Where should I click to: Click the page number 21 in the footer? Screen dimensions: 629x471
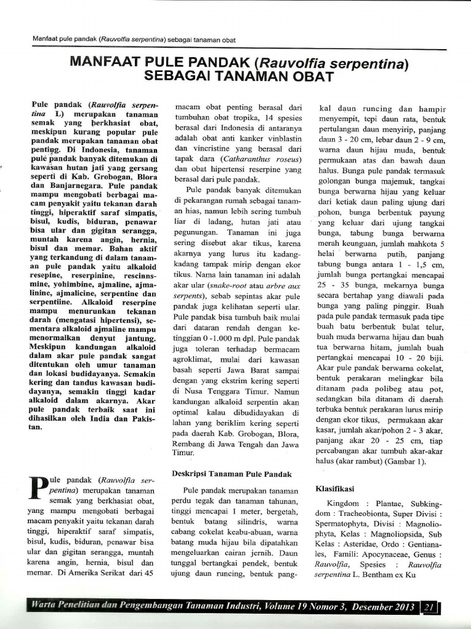tap(427, 608)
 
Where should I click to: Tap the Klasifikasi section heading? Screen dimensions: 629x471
tap(335, 489)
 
